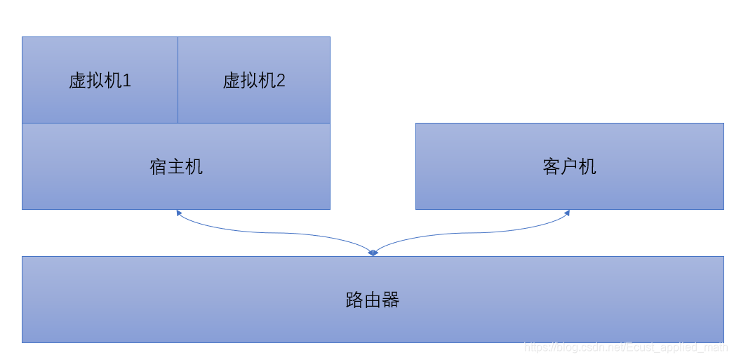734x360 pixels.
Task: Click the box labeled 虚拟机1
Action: pyautogui.click(x=100, y=80)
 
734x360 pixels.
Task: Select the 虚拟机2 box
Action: pyautogui.click(x=254, y=80)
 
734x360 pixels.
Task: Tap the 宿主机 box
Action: pyautogui.click(x=176, y=166)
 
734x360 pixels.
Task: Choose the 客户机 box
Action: pyautogui.click(x=569, y=166)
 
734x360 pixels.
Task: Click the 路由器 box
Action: pyautogui.click(x=373, y=300)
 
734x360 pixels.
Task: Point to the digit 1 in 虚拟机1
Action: pyautogui.click(x=127, y=81)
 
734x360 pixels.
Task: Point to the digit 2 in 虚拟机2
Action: pyautogui.click(x=281, y=81)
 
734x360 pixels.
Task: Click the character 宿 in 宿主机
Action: pyautogui.click(x=159, y=167)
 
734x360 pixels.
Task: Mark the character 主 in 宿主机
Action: pyautogui.click(x=176, y=167)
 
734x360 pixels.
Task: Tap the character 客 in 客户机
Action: pyautogui.click(x=552, y=167)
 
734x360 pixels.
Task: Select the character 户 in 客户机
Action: pyautogui.click(x=569, y=167)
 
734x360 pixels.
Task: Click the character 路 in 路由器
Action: pyautogui.click(x=355, y=300)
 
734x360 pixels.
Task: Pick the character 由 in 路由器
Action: pyautogui.click(x=373, y=300)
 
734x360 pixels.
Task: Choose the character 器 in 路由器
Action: pyautogui.click(x=391, y=300)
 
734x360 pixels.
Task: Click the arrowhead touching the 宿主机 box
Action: pyautogui.click(x=179, y=213)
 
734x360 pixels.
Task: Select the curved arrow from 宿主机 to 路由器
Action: pyautogui.click(x=274, y=232)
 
